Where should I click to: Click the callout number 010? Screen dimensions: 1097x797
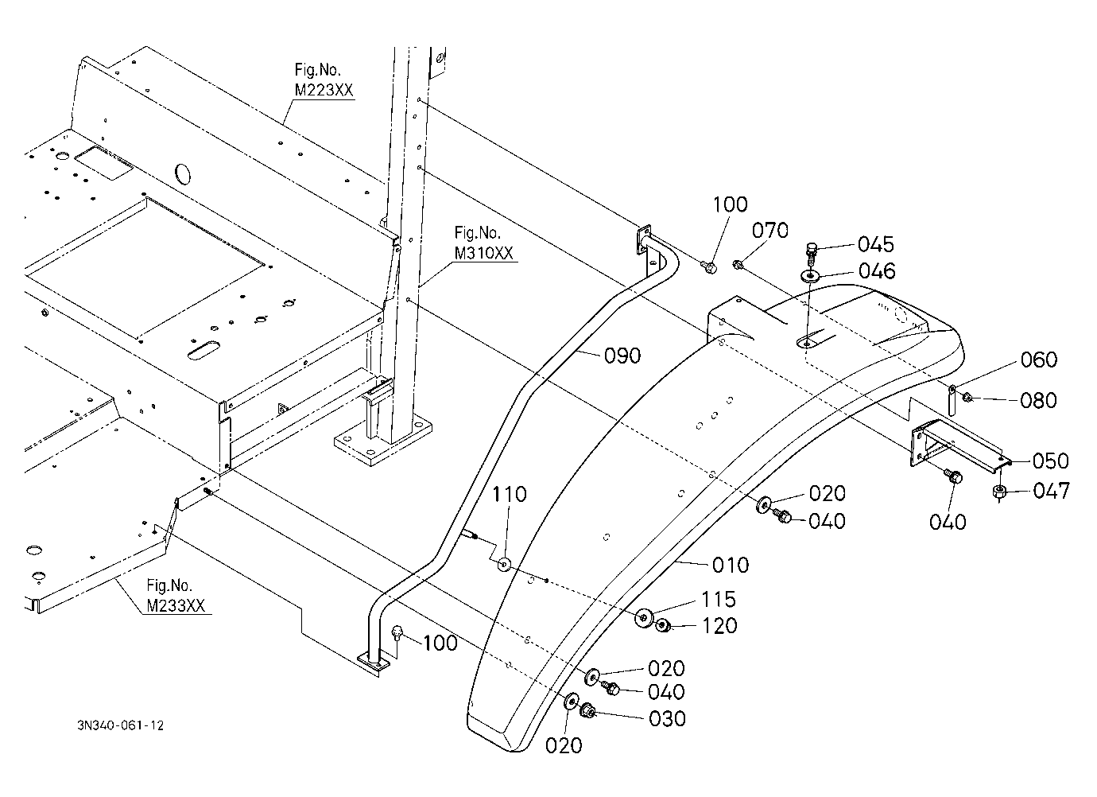click(x=731, y=566)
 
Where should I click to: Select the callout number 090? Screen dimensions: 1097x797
click(x=622, y=356)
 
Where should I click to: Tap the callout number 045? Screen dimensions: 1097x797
click(x=876, y=244)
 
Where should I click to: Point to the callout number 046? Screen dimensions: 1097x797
click(x=877, y=271)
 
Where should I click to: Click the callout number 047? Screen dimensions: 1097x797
click(x=1052, y=491)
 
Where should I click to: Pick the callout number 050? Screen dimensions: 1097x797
click(x=1050, y=461)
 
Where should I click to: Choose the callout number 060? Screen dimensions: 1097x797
click(x=1039, y=360)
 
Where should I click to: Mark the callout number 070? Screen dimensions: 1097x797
click(x=769, y=230)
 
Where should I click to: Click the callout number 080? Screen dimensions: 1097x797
click(x=1038, y=400)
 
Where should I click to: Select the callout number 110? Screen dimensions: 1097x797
click(x=510, y=494)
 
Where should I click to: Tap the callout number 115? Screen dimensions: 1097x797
click(x=719, y=599)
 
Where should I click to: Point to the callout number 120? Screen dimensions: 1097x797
click(x=719, y=626)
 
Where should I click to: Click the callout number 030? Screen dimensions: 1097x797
click(x=667, y=719)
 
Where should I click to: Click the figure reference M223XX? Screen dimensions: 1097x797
click(x=324, y=90)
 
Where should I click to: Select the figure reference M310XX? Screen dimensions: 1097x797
click(x=484, y=253)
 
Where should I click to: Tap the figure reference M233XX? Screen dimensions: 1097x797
click(x=176, y=606)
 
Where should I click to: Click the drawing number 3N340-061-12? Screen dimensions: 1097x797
click(x=121, y=725)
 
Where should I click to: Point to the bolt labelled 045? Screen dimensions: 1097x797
click(x=812, y=254)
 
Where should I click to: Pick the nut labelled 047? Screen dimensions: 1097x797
click(x=999, y=492)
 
